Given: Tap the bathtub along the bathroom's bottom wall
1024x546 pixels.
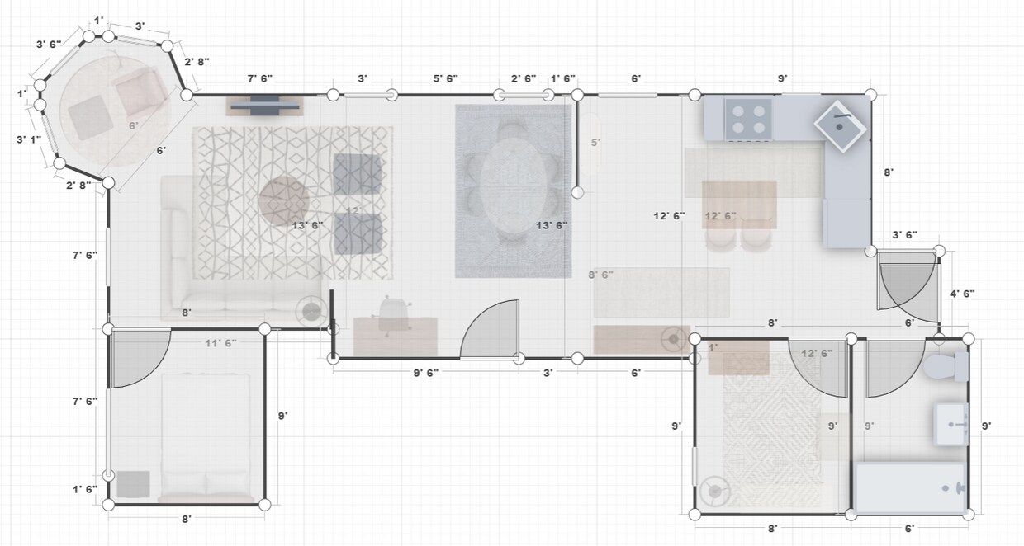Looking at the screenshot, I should coord(912,488).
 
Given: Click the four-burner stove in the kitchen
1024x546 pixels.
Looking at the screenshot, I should coord(749,118).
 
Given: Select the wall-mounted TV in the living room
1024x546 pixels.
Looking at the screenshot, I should coord(265,105).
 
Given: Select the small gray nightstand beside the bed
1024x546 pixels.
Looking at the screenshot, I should coord(132,483).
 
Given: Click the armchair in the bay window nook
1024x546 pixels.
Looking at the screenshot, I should coord(140,92).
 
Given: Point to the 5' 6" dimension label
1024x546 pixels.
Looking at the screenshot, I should coord(446,78).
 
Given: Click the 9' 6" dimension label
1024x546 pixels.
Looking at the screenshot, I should coord(425,373).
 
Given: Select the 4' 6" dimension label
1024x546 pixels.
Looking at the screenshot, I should coord(963,294).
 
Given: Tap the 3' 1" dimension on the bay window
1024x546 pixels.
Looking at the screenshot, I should coord(27,139).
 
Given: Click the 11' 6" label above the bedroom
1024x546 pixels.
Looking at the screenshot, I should coord(220,342).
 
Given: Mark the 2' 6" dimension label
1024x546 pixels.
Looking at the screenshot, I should coord(525,78).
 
